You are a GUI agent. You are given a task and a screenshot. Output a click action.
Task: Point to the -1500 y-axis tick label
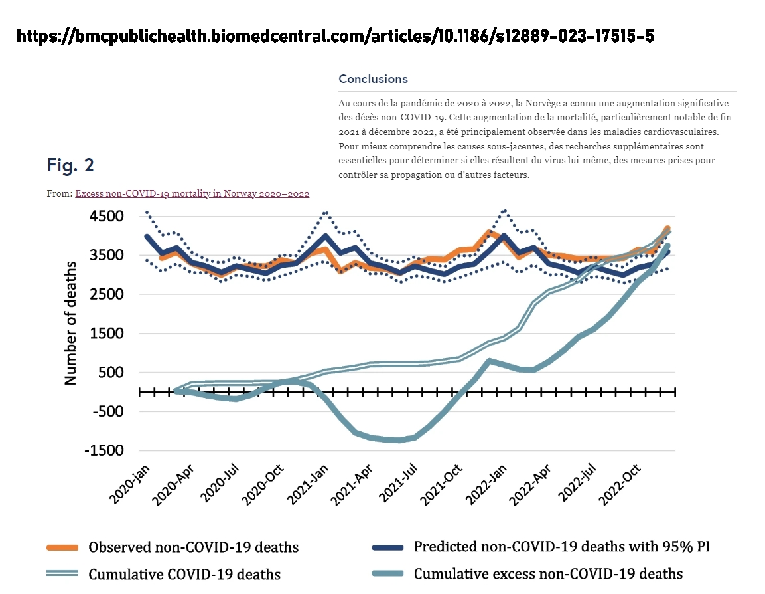[105, 450]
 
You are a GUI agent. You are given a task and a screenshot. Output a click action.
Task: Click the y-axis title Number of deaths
[70, 324]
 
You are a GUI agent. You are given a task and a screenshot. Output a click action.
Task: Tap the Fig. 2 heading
[71, 165]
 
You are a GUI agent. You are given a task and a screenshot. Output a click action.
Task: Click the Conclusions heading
[373, 79]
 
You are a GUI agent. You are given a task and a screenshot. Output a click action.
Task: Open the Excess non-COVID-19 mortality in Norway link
[192, 193]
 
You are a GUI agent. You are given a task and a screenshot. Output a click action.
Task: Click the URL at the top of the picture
[335, 36]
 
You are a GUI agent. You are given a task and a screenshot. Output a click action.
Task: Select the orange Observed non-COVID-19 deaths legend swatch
[63, 548]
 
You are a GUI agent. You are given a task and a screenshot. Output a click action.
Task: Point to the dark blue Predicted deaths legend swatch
[388, 548]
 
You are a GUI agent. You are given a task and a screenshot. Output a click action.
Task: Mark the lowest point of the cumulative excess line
[397, 440]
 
